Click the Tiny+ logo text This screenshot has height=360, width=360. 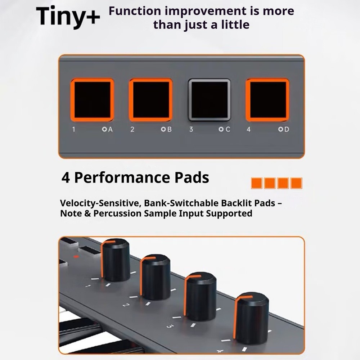[68, 17]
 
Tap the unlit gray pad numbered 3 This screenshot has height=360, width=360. [209, 100]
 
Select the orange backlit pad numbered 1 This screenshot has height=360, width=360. [92, 100]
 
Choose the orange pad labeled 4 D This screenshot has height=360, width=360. [267, 100]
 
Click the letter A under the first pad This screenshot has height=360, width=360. [110, 130]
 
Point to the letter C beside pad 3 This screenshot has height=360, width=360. [228, 130]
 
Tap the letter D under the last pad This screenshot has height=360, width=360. [287, 130]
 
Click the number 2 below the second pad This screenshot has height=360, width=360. [132, 130]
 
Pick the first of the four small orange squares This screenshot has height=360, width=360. [256, 183]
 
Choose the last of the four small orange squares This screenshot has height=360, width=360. [296, 183]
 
